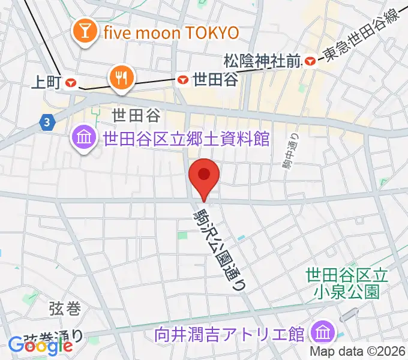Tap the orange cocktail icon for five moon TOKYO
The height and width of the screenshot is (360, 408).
tap(85, 31)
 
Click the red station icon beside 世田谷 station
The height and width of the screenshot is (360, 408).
tap(183, 79)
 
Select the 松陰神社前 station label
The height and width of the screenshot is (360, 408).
tap(262, 61)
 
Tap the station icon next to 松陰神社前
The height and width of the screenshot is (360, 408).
tap(310, 61)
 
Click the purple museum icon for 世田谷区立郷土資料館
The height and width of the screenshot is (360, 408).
tap(85, 139)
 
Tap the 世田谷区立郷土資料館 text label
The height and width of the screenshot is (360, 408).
tap(186, 139)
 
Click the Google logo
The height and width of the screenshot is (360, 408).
tap(41, 346)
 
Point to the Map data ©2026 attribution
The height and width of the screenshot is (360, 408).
tap(358, 352)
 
